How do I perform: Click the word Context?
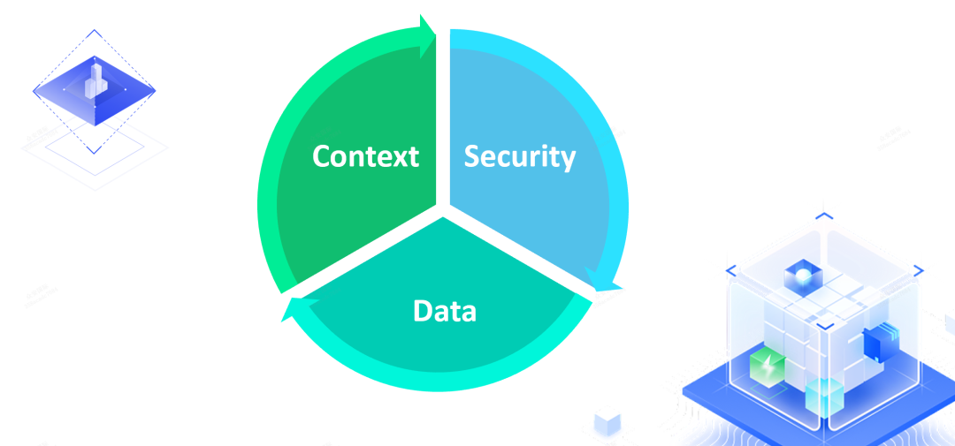[365, 156]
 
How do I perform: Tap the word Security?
[520, 156]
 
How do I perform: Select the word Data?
[444, 311]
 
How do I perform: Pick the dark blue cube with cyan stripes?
[878, 344]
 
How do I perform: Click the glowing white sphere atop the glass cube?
[801, 276]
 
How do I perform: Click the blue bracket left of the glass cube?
[730, 270]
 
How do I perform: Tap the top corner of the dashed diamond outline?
[94, 31]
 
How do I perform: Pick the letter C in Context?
[324, 156]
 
